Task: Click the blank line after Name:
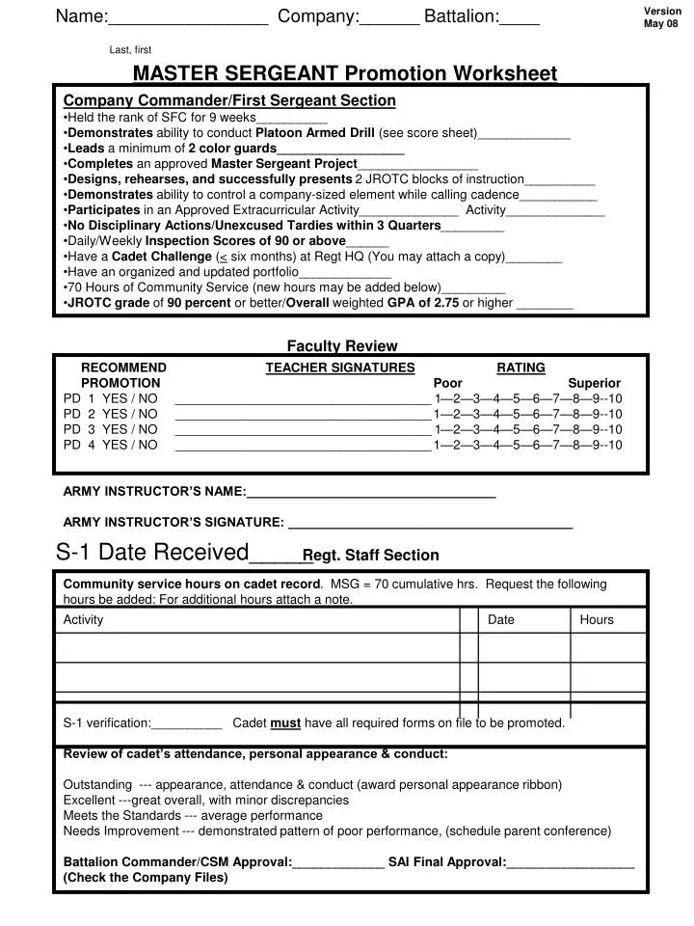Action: [x=188, y=19]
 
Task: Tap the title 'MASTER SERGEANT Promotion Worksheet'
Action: [x=344, y=73]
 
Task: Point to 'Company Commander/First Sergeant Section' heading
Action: [x=228, y=100]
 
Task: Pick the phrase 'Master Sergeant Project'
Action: [x=284, y=164]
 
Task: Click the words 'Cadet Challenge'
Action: [x=162, y=257]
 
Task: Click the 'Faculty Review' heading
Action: [x=342, y=346]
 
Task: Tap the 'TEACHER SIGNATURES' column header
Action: [x=340, y=368]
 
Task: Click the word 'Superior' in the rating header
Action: [x=595, y=383]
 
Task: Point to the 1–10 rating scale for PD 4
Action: [x=528, y=445]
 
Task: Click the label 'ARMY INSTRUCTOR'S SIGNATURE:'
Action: [x=173, y=523]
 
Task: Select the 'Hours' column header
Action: [x=597, y=619]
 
